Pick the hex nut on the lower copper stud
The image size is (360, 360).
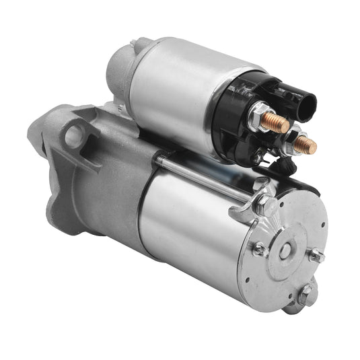point(294,139)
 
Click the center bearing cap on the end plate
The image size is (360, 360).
point(285,251)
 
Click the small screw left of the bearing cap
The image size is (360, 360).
point(258,248)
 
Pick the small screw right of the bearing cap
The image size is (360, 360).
point(317,256)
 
